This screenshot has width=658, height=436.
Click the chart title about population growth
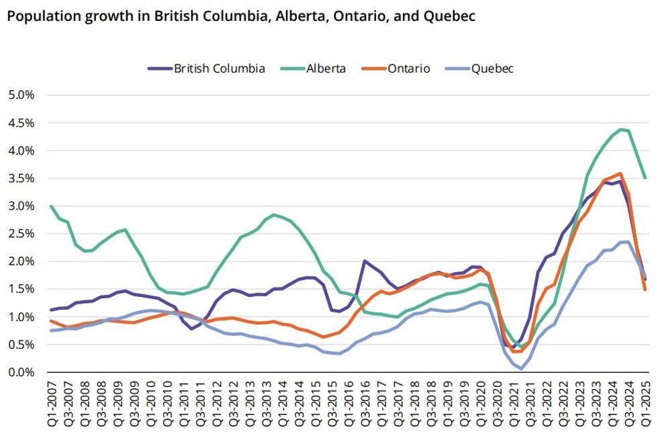[x=241, y=17]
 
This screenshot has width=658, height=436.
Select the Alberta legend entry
[x=316, y=69]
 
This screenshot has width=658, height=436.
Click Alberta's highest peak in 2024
[x=621, y=129]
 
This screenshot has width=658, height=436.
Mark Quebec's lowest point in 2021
[x=522, y=369]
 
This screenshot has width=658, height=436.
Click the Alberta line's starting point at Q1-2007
[x=51, y=206]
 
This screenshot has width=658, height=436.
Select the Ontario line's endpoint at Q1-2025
[x=646, y=290]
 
